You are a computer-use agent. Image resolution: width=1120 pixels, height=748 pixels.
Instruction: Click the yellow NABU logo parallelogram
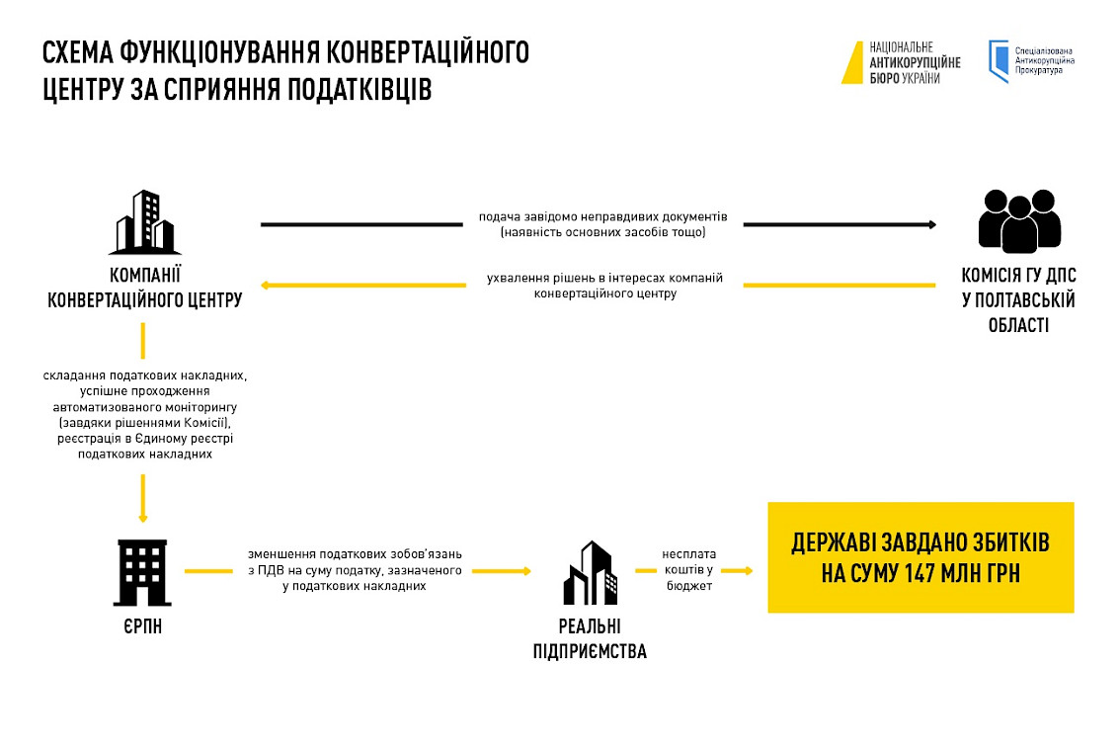click(851, 62)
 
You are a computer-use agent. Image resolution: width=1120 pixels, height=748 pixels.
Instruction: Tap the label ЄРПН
click(144, 625)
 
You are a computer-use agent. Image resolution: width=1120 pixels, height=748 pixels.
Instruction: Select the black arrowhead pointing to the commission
click(931, 224)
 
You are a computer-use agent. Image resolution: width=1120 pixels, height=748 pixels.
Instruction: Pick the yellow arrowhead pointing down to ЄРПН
click(143, 517)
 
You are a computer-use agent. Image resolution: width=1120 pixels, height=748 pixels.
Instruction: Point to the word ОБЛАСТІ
click(1018, 325)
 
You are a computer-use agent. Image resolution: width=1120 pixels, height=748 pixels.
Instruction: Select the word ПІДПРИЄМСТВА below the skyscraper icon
click(590, 651)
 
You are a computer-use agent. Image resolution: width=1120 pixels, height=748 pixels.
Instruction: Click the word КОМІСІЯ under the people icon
click(996, 275)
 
